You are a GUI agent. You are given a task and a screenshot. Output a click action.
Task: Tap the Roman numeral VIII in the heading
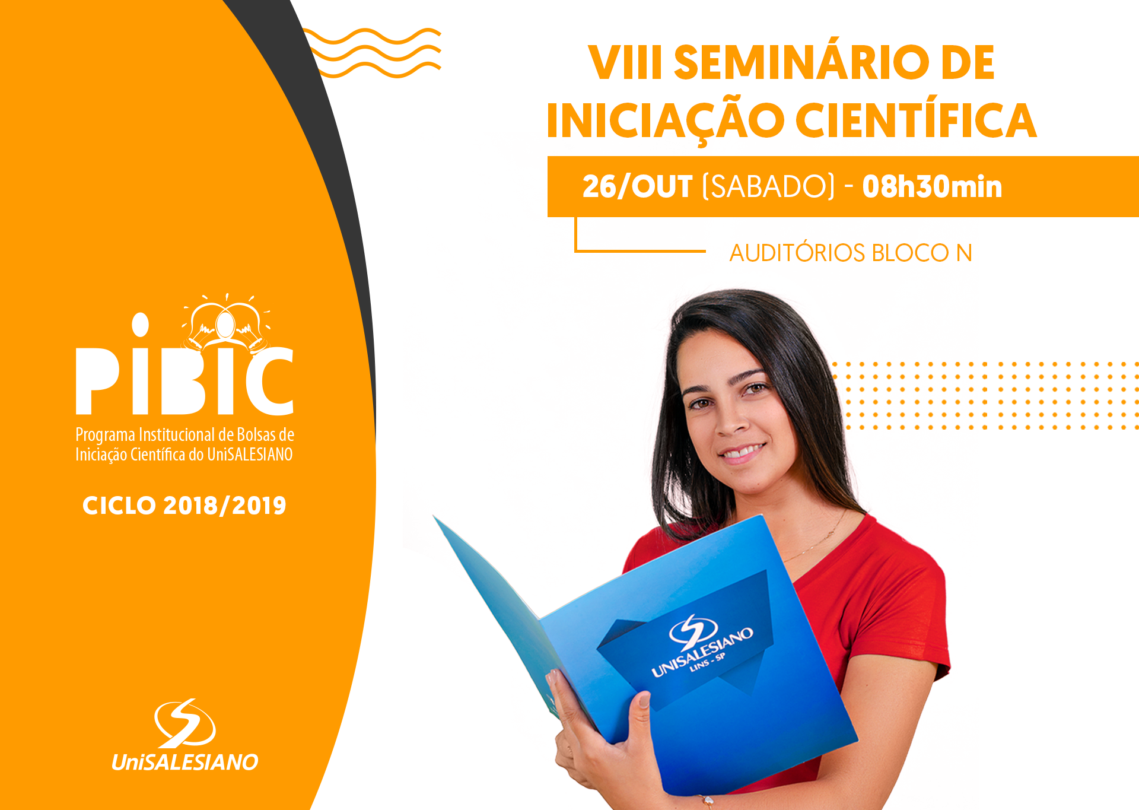625,63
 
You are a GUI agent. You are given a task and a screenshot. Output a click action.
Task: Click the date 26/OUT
637,187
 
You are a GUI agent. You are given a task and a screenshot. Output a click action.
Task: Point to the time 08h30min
932,187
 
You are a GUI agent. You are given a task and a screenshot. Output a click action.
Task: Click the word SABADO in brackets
768,187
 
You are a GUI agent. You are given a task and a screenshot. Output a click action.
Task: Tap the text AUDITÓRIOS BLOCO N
851,253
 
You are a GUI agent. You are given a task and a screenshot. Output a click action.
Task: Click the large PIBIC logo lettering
184,380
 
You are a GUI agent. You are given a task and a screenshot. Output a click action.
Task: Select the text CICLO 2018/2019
184,506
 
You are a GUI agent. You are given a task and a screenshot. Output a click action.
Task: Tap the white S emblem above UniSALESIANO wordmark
184,723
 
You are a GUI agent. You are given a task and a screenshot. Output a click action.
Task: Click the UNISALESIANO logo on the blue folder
700,647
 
